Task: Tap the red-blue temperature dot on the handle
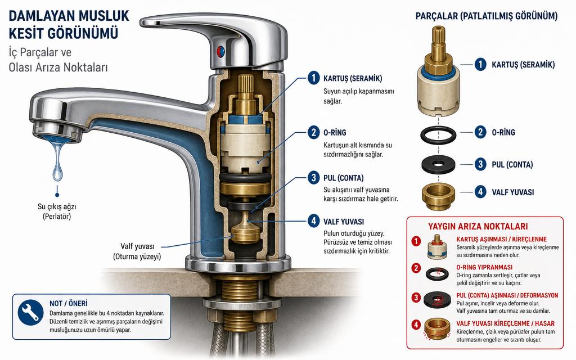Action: coord(220,51)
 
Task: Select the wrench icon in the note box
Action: coord(30,313)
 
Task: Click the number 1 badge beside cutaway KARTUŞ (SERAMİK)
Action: coord(313,78)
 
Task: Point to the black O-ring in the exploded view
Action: coord(438,134)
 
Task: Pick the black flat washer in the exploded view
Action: coord(438,165)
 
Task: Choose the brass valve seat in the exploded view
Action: coord(438,196)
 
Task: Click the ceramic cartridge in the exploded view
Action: coord(438,71)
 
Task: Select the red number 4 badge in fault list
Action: coord(416,325)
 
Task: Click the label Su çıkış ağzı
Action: coord(57,206)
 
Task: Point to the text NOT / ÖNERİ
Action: coord(69,303)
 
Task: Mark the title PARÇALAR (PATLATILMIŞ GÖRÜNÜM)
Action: coord(487,16)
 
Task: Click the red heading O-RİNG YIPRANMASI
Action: coord(484,267)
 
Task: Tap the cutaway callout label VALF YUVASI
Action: coord(344,222)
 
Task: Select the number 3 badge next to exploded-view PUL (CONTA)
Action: coord(480,164)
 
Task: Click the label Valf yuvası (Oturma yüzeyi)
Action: coord(137,251)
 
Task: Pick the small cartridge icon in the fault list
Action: coord(437,246)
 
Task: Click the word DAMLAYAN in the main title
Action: coord(37,16)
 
